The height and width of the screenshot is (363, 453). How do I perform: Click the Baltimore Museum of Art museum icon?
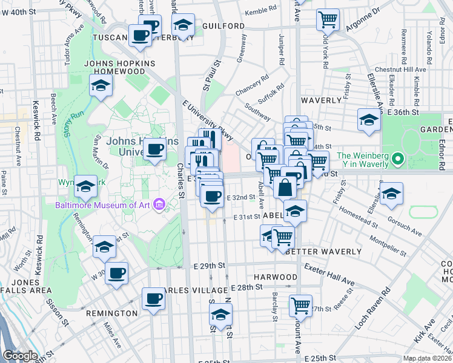pos(159,205)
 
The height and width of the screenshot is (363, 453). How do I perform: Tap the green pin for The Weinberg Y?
pos(397,160)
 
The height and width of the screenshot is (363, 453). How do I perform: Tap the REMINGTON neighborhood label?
pos(111,313)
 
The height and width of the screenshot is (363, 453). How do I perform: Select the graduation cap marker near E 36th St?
pos(369,119)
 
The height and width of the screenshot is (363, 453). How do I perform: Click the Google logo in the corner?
pos(20,356)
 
